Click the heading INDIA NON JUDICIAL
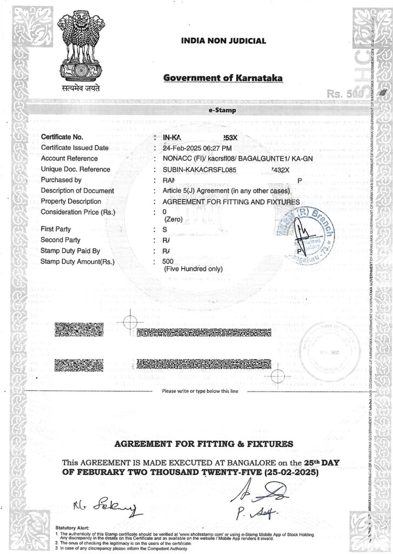(x=223, y=41)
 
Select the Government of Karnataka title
(x=222, y=78)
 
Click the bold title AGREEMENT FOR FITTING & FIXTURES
(x=204, y=444)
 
